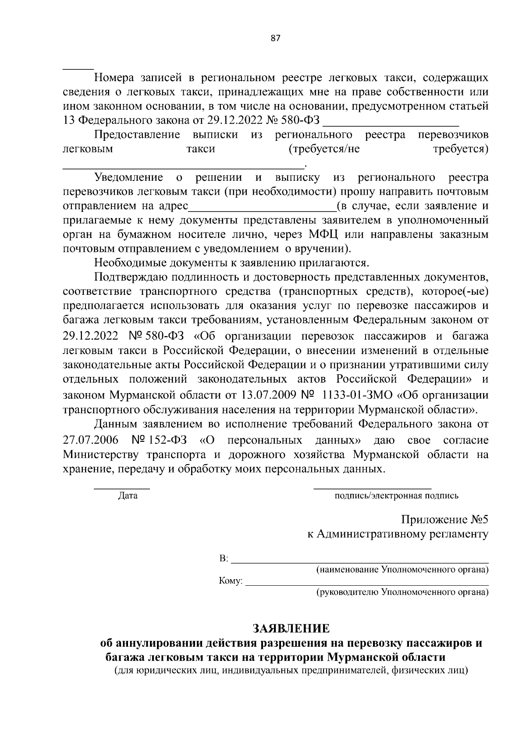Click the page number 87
[275, 38]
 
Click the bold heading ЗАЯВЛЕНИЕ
[291, 628]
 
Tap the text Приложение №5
[444, 519]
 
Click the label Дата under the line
[128, 496]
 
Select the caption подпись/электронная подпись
[396, 496]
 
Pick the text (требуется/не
[324, 149]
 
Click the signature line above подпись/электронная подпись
[372, 488]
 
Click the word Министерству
[102, 455]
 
